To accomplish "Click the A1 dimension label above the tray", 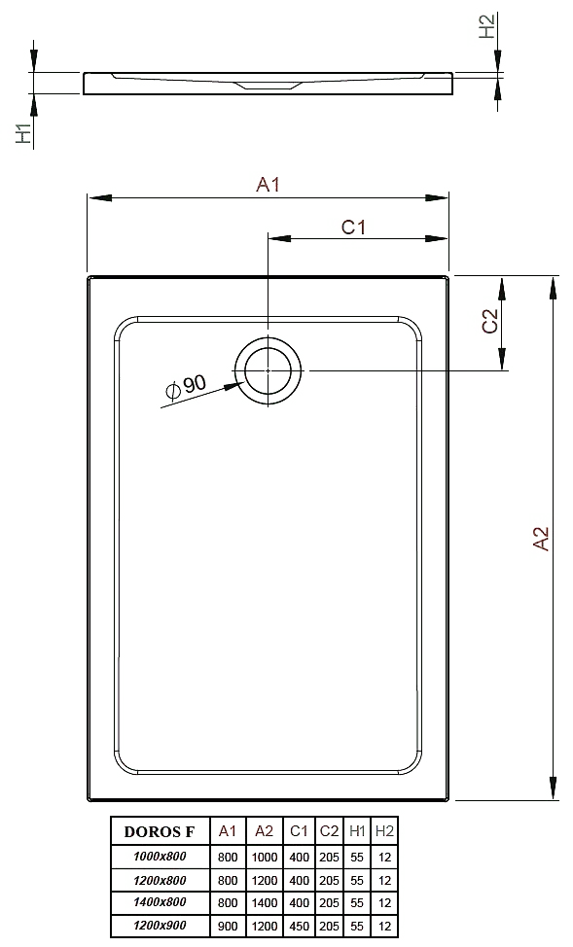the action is click(268, 184).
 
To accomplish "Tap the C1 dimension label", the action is click(353, 228).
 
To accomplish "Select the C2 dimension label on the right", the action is click(489, 321).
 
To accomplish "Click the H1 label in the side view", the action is click(23, 133).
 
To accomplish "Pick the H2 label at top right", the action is click(487, 26).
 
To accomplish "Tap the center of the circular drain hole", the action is click(269, 370).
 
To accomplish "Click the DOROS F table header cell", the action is click(160, 831).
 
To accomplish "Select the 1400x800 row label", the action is click(160, 901).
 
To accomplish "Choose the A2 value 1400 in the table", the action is click(265, 903).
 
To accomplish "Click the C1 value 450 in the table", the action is click(300, 926).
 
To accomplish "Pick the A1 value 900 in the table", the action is click(228, 926).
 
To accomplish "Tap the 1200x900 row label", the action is click(160, 925).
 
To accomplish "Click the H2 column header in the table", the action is click(384, 831).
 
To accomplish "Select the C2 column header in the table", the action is click(330, 831).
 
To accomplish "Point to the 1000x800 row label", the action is click(160, 856).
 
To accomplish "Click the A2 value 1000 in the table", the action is click(265, 857).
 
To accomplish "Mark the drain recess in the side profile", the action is click(268, 86).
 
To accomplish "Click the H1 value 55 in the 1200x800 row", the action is click(357, 881).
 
